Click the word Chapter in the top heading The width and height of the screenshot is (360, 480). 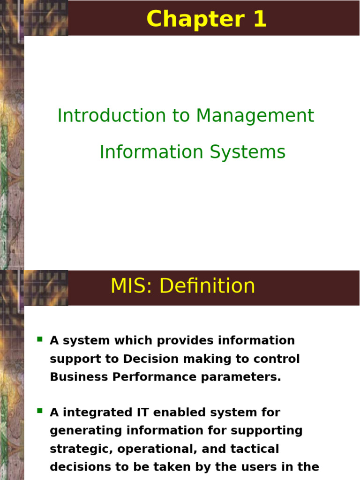point(195,19)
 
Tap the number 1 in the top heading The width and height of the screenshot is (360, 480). point(260,19)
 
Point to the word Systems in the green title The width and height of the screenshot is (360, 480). point(247,153)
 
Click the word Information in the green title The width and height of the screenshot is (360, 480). point(151,152)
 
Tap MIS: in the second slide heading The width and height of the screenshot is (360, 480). point(131,285)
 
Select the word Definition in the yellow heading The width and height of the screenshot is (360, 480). point(207,285)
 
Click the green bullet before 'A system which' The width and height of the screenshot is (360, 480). point(40,339)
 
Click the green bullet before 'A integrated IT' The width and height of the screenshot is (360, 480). point(40,411)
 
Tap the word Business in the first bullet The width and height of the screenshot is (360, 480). point(79,377)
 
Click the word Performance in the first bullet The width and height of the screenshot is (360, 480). point(154,377)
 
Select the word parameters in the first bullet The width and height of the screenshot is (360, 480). point(241,377)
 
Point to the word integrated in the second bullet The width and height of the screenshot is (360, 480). point(97,413)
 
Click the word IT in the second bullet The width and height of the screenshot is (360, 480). point(142,412)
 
